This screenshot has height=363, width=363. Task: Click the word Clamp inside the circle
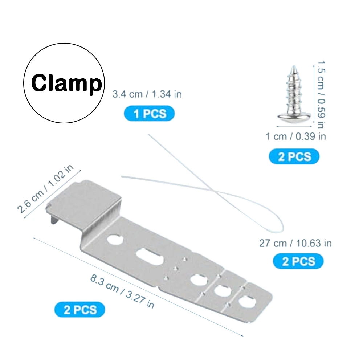click(66, 84)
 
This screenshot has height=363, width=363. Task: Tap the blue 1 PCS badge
click(149, 114)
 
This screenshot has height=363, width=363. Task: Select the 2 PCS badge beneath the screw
click(294, 157)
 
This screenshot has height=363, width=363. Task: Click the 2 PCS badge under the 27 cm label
click(298, 261)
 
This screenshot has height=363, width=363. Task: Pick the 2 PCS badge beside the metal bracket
click(80, 310)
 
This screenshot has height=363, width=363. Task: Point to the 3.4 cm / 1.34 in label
click(147, 94)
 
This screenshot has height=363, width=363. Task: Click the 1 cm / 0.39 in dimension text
click(295, 136)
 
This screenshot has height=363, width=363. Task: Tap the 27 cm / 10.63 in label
click(295, 243)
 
